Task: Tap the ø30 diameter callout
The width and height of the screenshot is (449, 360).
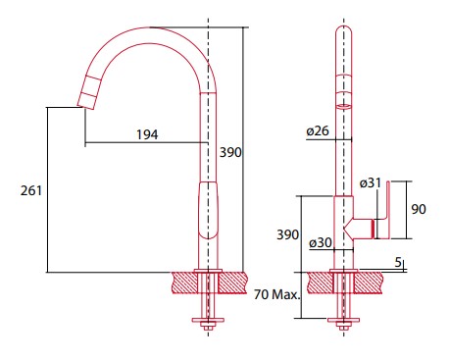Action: (319, 242)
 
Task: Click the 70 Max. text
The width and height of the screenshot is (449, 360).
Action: (274, 293)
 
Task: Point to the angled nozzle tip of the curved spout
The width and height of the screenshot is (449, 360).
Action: (85, 96)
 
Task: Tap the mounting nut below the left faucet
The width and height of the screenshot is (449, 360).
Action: (206, 320)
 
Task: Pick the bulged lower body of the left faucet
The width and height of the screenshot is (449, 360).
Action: (206, 211)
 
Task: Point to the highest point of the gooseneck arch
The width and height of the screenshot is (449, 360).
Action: (157, 27)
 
